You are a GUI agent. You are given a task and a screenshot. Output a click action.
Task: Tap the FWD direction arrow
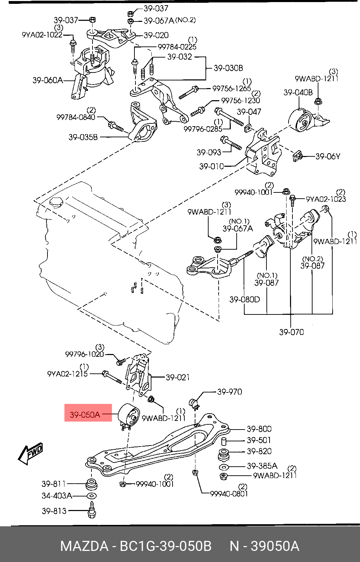tap(31, 454)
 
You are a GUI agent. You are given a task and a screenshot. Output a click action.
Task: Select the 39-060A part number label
tap(47, 80)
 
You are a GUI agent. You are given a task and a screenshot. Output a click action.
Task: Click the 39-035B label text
tap(83, 137)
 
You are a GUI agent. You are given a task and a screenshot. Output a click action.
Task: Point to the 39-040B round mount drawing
tap(300, 121)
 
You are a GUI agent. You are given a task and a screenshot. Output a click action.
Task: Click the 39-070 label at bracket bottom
tap(291, 332)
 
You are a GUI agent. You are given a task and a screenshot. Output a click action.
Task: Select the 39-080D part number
tap(244, 299)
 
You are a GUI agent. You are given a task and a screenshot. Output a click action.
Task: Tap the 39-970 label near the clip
tap(229, 392)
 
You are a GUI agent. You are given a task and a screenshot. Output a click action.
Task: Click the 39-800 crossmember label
tap(259, 429)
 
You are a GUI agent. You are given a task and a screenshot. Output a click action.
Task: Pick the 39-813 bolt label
tap(54, 511)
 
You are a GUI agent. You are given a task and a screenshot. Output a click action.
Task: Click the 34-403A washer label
tap(57, 496)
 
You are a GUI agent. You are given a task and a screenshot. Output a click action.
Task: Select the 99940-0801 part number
tap(229, 493)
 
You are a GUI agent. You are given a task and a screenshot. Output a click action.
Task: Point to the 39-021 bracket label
tap(177, 377)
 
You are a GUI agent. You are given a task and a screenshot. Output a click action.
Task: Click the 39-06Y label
tap(328, 156)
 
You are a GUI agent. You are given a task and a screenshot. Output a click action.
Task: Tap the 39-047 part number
tap(249, 112)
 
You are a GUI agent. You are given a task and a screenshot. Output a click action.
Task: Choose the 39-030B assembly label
tap(228, 68)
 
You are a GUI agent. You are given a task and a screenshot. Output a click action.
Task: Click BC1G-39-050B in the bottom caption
tap(165, 546)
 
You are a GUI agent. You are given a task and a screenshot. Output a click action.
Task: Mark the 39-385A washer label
tap(262, 466)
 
